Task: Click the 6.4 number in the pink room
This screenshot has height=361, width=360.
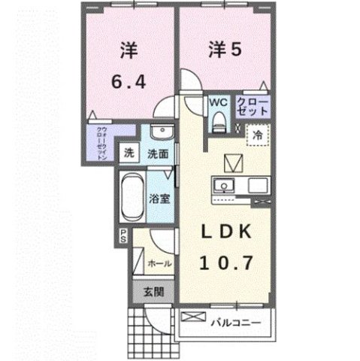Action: click(129, 80)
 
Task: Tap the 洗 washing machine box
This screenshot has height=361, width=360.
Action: click(130, 153)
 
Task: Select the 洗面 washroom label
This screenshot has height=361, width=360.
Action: click(157, 153)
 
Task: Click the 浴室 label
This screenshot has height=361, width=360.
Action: click(159, 201)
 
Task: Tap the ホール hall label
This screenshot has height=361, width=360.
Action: click(159, 264)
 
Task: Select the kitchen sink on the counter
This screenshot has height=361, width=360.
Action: click(222, 187)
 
